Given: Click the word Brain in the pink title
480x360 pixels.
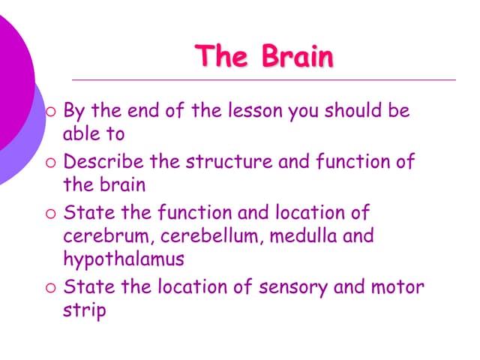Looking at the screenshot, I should [298, 57].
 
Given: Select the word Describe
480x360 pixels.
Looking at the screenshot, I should [103, 161].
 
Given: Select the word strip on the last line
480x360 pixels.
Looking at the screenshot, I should [84, 310].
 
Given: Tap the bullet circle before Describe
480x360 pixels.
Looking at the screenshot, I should [50, 162].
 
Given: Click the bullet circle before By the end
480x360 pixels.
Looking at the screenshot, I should [50, 112].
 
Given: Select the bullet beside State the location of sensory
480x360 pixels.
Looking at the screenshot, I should [50, 286].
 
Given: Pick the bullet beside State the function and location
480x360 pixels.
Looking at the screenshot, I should [50, 213].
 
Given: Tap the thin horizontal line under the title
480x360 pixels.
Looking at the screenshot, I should [262, 79].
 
